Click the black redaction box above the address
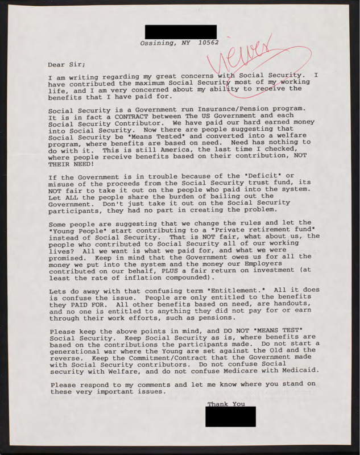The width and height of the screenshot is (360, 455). [x=181, y=32]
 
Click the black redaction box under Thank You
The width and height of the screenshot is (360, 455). [x=230, y=416]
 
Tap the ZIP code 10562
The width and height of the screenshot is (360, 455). [x=207, y=43]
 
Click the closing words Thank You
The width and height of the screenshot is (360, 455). [x=226, y=404]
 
